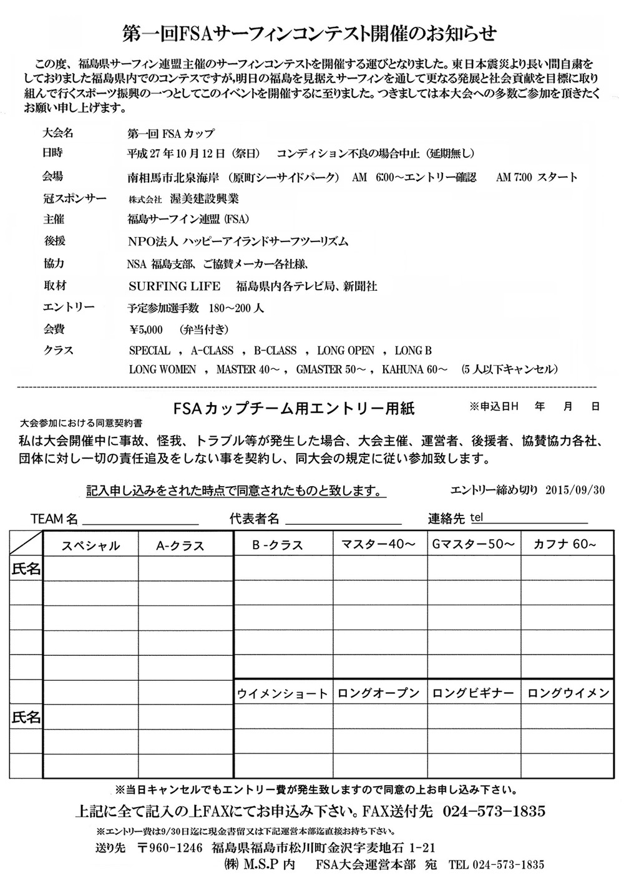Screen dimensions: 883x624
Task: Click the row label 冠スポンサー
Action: click(x=75, y=199)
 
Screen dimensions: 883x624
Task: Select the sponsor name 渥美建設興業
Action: click(x=204, y=199)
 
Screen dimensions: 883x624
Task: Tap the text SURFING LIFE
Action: click(x=174, y=286)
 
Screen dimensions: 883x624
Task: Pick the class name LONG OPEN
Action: click(x=346, y=351)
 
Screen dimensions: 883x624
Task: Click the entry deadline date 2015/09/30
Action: click(x=583, y=490)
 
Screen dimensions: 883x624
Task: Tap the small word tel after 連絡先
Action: click(x=477, y=518)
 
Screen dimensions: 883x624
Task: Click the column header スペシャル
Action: click(x=90, y=546)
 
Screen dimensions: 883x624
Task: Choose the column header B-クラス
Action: click(x=278, y=545)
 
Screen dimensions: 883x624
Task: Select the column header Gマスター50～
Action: click(x=474, y=544)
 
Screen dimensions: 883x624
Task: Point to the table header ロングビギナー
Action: click(x=474, y=693)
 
